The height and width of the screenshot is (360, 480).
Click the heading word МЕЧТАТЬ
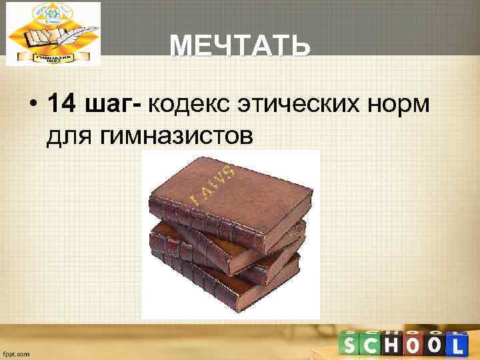pyautogui.click(x=239, y=47)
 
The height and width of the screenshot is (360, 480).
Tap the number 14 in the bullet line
pyautogui.click(x=63, y=104)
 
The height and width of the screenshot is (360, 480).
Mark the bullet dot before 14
pyautogui.click(x=31, y=105)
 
